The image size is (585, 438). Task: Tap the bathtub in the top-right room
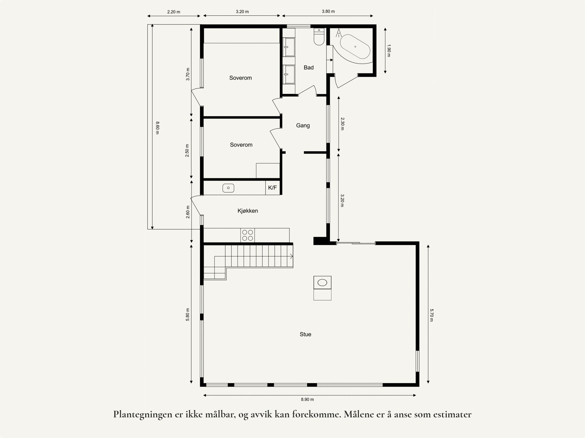pyautogui.click(x=355, y=47)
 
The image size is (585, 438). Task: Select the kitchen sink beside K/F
pyautogui.click(x=228, y=188)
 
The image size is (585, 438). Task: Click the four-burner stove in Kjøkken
pyautogui.click(x=248, y=235)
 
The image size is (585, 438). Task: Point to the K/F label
pyautogui.click(x=272, y=188)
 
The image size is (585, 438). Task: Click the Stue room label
pyautogui.click(x=305, y=334)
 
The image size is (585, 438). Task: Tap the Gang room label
pyautogui.click(x=303, y=125)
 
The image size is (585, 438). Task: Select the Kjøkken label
pyautogui.click(x=248, y=211)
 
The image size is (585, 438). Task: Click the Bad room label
pyautogui.click(x=309, y=67)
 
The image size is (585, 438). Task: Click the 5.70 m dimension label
pyautogui.click(x=431, y=315)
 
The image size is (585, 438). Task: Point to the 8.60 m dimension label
pyautogui.click(x=158, y=128)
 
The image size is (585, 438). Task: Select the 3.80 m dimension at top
pyautogui.click(x=328, y=11)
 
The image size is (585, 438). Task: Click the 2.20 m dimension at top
pyautogui.click(x=174, y=12)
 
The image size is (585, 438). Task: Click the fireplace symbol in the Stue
pyautogui.click(x=322, y=283)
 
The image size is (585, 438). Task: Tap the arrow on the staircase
pyautogui.click(x=291, y=256)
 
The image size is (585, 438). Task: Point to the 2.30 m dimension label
pyautogui.click(x=343, y=124)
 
